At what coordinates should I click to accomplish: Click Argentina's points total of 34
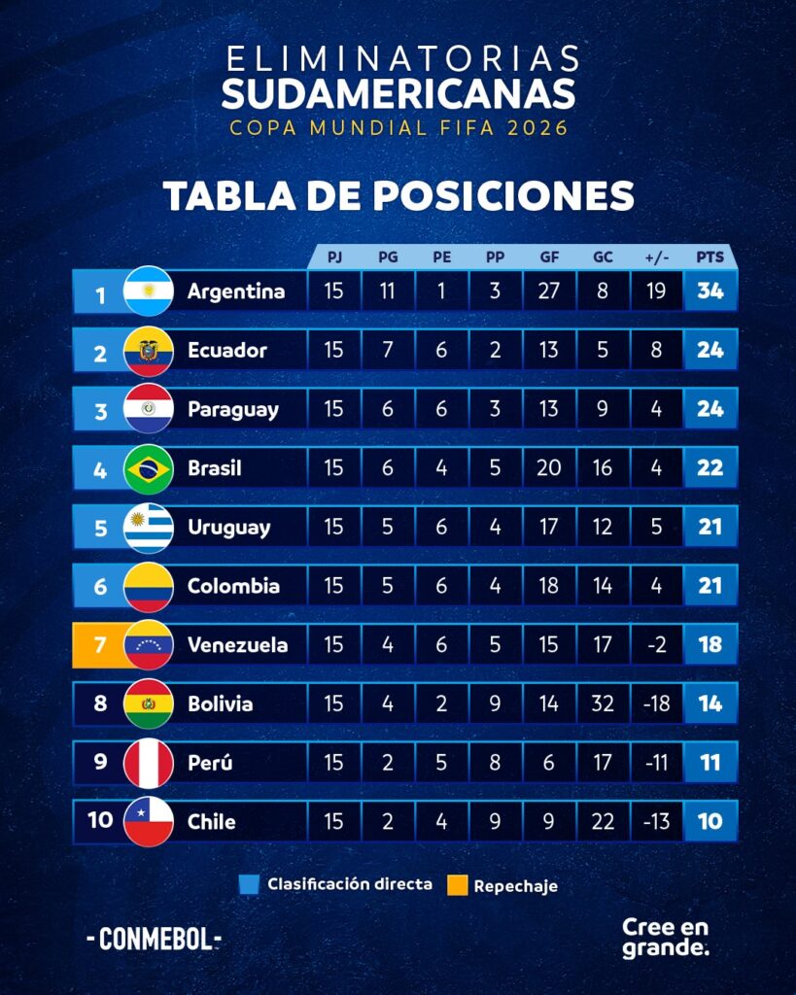[710, 292]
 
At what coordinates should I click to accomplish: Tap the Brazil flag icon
[149, 469]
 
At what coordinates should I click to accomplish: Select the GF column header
[549, 257]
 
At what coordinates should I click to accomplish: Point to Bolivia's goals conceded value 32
[603, 703]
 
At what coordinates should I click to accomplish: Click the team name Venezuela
[237, 645]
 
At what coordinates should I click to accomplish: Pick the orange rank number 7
[100, 645]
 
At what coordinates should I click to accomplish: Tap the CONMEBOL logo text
[155, 940]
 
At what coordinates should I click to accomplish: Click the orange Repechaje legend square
[457, 885]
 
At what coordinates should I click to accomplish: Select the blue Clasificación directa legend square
[249, 885]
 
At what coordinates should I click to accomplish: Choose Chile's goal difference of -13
[656, 821]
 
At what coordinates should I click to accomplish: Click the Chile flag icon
[149, 822]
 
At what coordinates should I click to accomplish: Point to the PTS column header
[710, 257]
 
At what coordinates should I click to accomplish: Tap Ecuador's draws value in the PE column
[441, 351]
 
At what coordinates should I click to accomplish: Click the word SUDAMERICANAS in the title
[398, 94]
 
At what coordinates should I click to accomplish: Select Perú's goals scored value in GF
[549, 763]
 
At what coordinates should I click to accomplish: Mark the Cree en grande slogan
[666, 937]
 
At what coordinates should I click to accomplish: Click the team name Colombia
[233, 586]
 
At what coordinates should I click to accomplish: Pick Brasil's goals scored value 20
[549, 468]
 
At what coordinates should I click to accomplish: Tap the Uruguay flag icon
[149, 529]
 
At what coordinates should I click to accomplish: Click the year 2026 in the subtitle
[536, 128]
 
